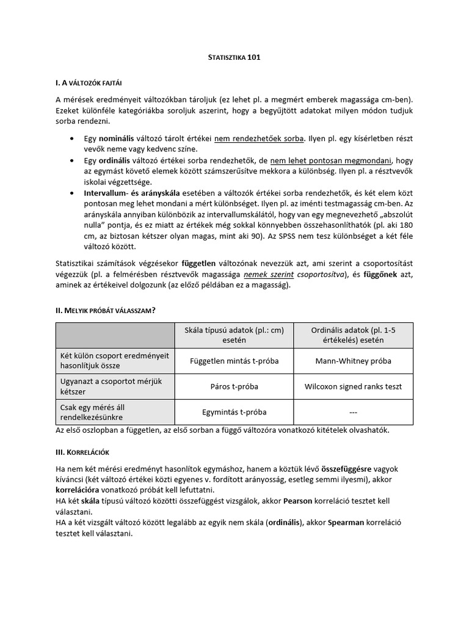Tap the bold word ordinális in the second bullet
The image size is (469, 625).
pyautogui.click(x=114, y=161)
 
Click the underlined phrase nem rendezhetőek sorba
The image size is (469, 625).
pyautogui.click(x=259, y=139)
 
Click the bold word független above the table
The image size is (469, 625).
pyautogui.click(x=198, y=264)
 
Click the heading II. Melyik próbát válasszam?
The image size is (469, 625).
pyautogui.click(x=105, y=311)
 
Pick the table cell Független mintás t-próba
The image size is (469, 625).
pyautogui.click(x=234, y=361)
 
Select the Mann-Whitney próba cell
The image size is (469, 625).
pyautogui.click(x=354, y=361)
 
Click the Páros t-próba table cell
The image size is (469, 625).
pyautogui.click(x=234, y=386)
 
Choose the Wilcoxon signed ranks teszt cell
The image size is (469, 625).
pyautogui.click(x=354, y=386)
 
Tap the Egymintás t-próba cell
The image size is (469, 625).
pyautogui.click(x=234, y=412)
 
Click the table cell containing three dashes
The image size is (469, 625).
pyautogui.click(x=354, y=412)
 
